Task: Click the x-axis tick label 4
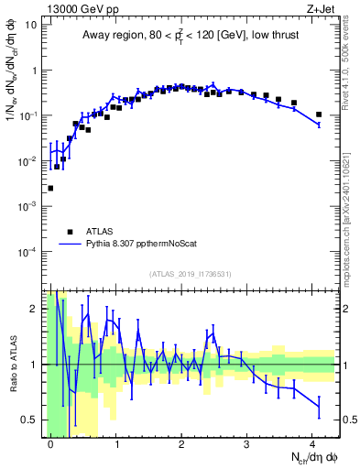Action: [x=311, y=442]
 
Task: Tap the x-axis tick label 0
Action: [x=51, y=442]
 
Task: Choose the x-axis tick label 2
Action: [x=181, y=442]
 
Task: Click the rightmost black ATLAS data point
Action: [x=319, y=115]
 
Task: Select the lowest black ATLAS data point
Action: [x=50, y=188]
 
